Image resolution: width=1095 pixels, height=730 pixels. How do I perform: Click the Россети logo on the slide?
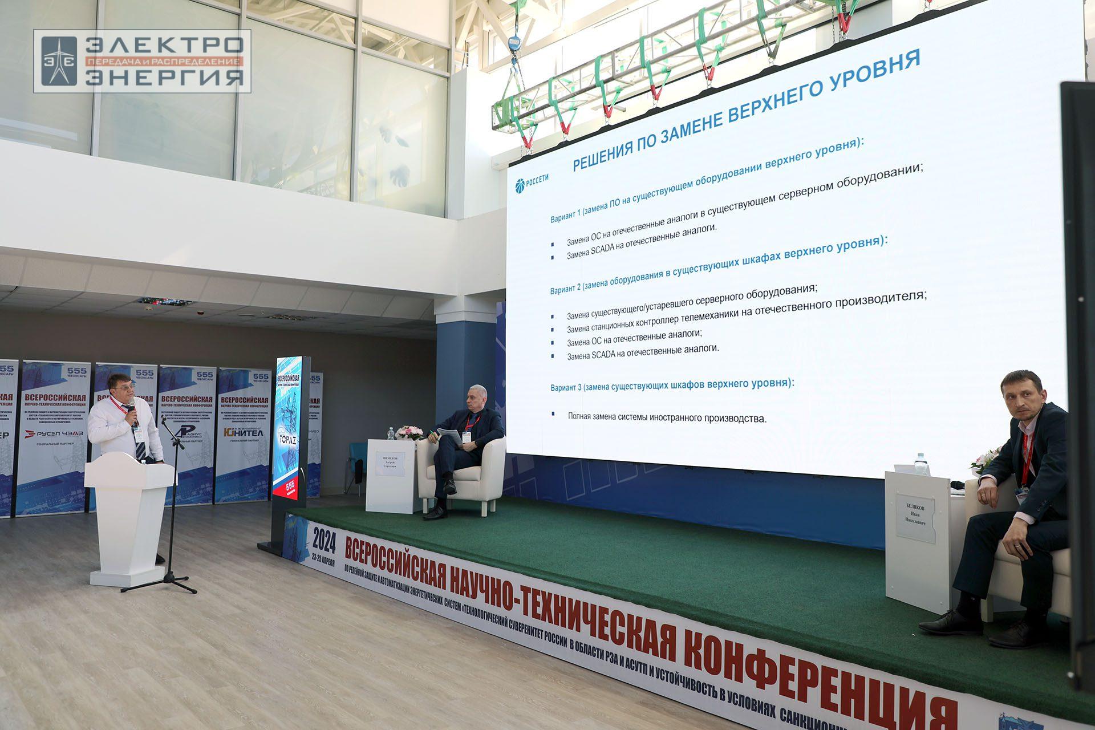click(x=532, y=181)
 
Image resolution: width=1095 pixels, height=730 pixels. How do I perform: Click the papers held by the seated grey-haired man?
click(x=451, y=437)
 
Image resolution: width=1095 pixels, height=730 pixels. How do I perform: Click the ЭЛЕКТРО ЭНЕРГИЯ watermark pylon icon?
click(x=59, y=61)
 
